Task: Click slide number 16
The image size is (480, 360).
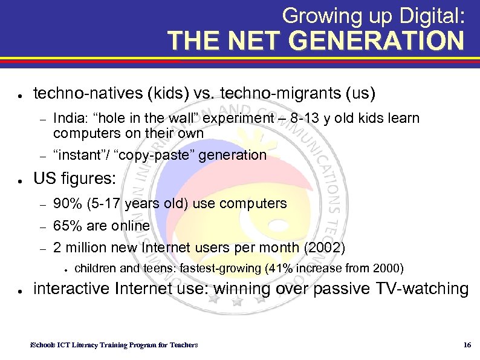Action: tap(466, 345)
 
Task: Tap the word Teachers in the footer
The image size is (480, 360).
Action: tap(182, 345)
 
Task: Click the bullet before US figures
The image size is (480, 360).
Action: tap(21, 180)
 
